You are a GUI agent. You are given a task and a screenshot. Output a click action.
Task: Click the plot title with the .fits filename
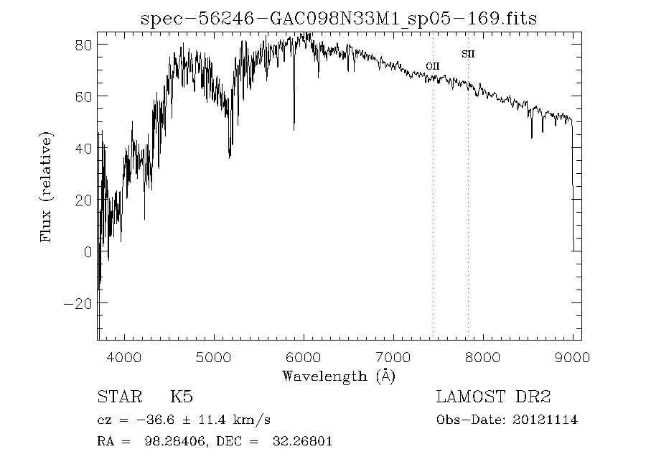click(x=339, y=19)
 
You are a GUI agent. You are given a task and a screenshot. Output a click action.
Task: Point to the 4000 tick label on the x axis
click(x=125, y=356)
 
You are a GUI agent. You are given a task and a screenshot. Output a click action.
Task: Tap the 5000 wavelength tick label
click(x=215, y=356)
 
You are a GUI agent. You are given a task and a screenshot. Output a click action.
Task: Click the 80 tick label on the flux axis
click(x=83, y=45)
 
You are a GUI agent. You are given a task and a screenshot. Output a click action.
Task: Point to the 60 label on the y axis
click(x=83, y=96)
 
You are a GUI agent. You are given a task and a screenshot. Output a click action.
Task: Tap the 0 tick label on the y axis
click(x=88, y=252)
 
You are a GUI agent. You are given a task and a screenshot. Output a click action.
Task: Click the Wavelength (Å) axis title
click(x=339, y=375)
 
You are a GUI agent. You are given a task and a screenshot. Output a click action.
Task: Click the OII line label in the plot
click(x=432, y=66)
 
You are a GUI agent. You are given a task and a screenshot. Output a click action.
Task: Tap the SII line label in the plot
click(x=468, y=54)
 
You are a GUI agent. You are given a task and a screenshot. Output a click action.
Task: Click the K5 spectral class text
click(x=181, y=397)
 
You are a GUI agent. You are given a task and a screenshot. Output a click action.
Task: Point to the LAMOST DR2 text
click(x=494, y=397)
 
